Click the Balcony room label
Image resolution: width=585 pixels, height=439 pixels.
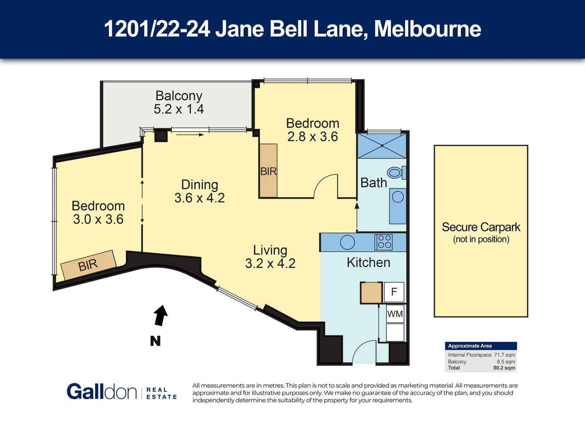(x=179, y=96)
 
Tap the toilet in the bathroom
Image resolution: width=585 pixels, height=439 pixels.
(x=395, y=173)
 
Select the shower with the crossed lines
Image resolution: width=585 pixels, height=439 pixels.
(x=381, y=146)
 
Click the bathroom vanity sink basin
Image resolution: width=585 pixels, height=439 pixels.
(x=398, y=197)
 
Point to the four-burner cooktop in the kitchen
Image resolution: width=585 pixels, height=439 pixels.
(x=384, y=242)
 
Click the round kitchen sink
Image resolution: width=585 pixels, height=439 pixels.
(x=347, y=242)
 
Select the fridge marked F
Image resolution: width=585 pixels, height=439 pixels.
(x=394, y=292)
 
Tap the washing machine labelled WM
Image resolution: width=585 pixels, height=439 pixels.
(x=395, y=314)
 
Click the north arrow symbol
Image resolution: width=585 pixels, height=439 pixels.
(x=160, y=316)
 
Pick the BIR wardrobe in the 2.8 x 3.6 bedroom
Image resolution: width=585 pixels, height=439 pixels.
(x=268, y=171)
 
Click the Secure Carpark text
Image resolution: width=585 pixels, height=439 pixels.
(x=481, y=227)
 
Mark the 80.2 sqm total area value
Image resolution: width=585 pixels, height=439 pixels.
(x=504, y=368)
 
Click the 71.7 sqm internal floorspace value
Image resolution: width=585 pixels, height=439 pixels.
(x=504, y=355)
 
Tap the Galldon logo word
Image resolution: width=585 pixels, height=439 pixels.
(x=102, y=392)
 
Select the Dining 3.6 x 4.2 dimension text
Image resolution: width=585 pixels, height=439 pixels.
(x=199, y=198)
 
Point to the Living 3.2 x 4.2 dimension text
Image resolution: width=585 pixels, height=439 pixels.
(x=270, y=263)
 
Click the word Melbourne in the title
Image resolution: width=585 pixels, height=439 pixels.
(x=427, y=29)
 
